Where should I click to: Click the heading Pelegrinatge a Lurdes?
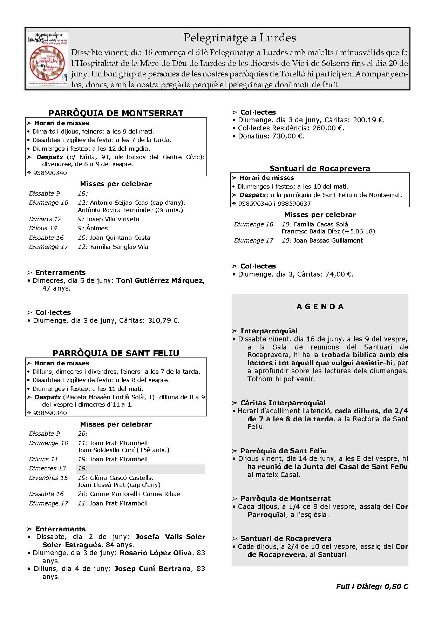point(240,38)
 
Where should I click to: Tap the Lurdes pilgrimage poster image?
point(48,59)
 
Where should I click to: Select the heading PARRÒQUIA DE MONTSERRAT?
point(116,113)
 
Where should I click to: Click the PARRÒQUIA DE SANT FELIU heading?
point(116,353)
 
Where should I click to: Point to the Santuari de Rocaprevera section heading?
point(320,168)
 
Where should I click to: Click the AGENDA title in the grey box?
point(320,307)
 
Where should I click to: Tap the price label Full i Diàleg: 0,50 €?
point(372,586)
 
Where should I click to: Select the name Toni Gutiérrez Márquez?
point(159,280)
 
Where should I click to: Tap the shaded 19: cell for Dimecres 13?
point(140,469)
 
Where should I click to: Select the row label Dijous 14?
point(43,228)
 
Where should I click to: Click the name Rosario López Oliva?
point(156,553)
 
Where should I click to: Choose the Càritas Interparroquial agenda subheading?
point(283,403)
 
